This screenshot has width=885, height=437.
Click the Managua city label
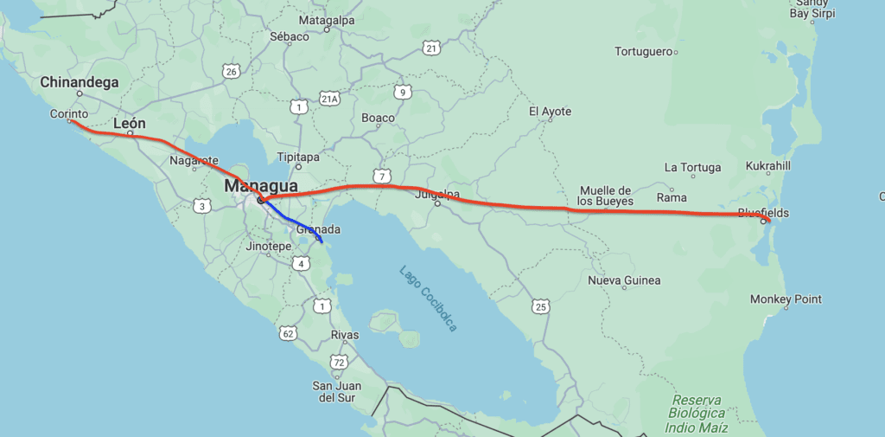click(261, 186)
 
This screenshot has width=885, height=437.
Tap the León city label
click(130, 124)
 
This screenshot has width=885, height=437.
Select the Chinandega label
click(80, 82)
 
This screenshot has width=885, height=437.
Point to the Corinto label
click(69, 113)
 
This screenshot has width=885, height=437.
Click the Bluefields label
click(763, 213)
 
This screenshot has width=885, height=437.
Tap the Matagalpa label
click(328, 20)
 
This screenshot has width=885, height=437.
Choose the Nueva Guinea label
click(624, 280)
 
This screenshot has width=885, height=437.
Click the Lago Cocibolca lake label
click(428, 299)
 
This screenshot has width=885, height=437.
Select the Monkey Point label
click(786, 299)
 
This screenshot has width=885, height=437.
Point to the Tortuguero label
click(643, 52)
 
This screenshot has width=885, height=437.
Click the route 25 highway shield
click(541, 306)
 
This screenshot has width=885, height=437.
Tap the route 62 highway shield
click(289, 332)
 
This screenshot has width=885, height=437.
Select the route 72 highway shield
click(339, 362)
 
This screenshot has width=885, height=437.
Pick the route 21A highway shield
click(328, 99)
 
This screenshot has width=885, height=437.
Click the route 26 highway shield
click(230, 71)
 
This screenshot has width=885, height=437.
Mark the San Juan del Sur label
click(338, 391)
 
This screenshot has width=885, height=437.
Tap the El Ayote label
click(551, 112)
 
